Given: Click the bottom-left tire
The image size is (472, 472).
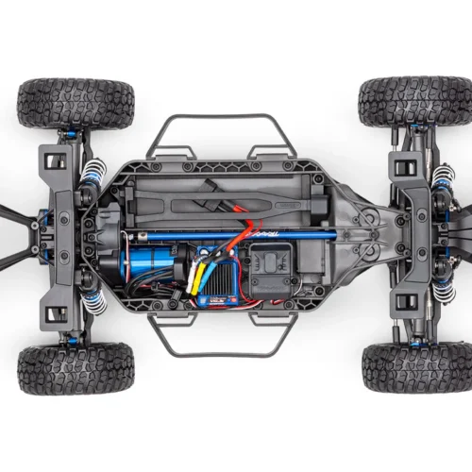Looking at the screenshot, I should point(76,368).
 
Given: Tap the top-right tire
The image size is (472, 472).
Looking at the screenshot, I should point(413,102).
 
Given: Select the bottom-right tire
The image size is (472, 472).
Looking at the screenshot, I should point(415,368).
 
